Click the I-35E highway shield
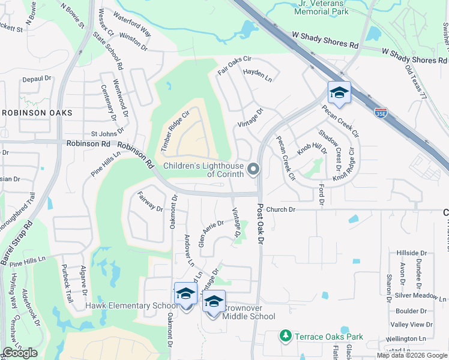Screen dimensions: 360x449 (380, 112)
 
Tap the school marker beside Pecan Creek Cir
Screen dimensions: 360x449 (339, 93)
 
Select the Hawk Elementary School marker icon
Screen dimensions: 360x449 (186, 295)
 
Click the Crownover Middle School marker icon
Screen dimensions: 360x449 (213, 302)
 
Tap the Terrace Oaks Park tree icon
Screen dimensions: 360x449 (286, 335)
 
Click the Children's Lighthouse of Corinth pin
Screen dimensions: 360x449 (254, 169)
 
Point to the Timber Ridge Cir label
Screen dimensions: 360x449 (174, 132)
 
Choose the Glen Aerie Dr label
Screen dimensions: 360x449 (211, 232)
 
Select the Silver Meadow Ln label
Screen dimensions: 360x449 (420, 296)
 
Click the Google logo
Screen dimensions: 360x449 (20, 353)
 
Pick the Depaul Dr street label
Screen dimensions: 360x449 (37, 79)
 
